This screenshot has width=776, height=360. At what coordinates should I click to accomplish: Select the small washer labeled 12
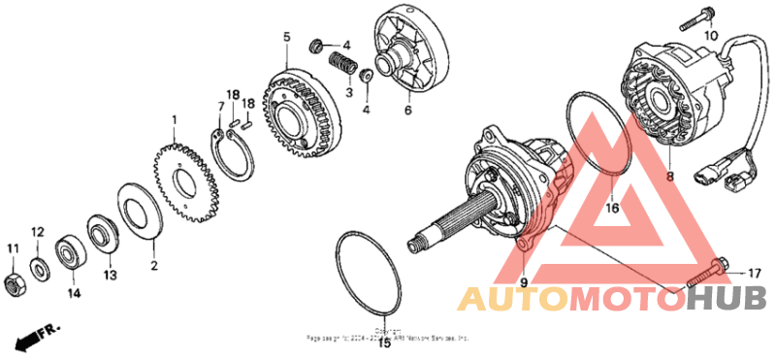click(x=39, y=267)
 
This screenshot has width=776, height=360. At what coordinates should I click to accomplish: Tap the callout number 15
click(x=384, y=343)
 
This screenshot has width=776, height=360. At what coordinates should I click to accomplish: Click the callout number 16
click(x=612, y=206)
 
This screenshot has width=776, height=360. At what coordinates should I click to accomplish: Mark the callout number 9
click(x=523, y=282)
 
